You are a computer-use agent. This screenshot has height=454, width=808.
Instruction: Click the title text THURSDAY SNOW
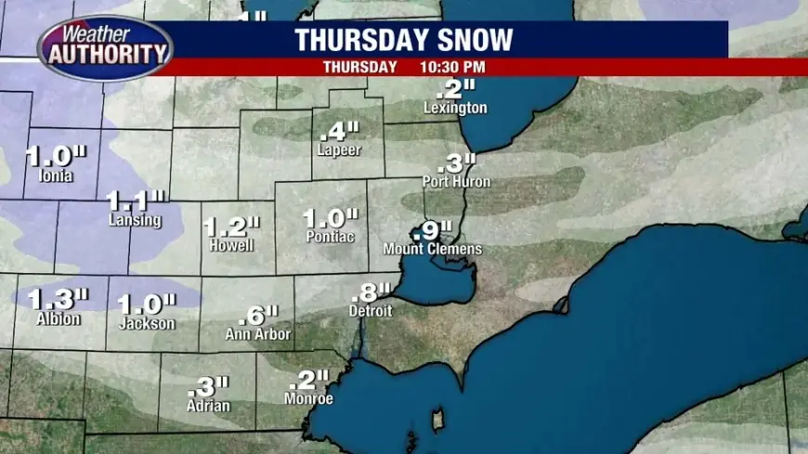click(403, 40)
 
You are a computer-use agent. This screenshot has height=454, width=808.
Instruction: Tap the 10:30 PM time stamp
click(455, 67)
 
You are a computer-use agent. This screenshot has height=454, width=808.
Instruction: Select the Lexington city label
click(455, 108)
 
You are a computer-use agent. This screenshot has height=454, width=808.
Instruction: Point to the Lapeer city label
click(338, 149)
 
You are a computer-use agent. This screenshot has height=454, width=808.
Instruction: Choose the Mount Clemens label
click(433, 249)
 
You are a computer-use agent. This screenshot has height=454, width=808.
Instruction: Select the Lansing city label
click(134, 221)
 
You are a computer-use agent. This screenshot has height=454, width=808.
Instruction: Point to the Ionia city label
click(50, 175)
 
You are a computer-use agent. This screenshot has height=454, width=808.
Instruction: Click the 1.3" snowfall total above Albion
click(58, 299)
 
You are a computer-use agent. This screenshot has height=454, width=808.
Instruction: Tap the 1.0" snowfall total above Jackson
click(147, 304)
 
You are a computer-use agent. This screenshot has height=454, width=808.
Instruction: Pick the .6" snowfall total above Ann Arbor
click(258, 315)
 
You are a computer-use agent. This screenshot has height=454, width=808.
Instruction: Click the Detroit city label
click(371, 311)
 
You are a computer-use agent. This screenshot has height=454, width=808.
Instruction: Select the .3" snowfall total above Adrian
click(208, 386)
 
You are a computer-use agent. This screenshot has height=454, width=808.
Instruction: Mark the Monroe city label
click(308, 399)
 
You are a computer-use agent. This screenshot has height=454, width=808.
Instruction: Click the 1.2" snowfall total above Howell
click(232, 227)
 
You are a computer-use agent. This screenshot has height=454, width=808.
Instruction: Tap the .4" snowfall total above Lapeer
click(338, 131)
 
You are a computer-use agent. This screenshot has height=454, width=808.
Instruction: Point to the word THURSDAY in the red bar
click(360, 67)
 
